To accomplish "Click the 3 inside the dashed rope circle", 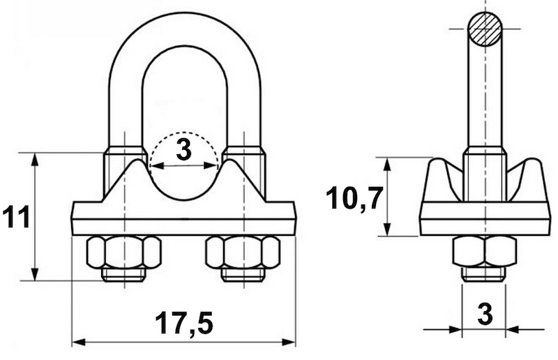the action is tap(183, 150).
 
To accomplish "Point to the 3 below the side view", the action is tap(485, 315).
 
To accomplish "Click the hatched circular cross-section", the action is tap(485, 29).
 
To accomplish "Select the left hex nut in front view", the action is tap(123, 252).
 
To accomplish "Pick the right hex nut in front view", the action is tap(243, 252).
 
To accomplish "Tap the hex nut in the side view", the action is tap(485, 251).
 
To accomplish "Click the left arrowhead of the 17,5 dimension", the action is tap(78, 343).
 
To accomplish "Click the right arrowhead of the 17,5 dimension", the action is tap(289, 343).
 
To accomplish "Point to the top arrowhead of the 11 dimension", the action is tap(34, 160).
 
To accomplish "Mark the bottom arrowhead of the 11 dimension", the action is tap(34, 273).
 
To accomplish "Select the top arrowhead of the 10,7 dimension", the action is tap(388, 164).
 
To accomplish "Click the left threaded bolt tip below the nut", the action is tap(123, 275).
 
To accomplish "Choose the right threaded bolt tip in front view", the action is tap(243, 275).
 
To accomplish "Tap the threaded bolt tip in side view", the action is tap(484, 274).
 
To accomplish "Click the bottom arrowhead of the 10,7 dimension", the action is tap(388, 229).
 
